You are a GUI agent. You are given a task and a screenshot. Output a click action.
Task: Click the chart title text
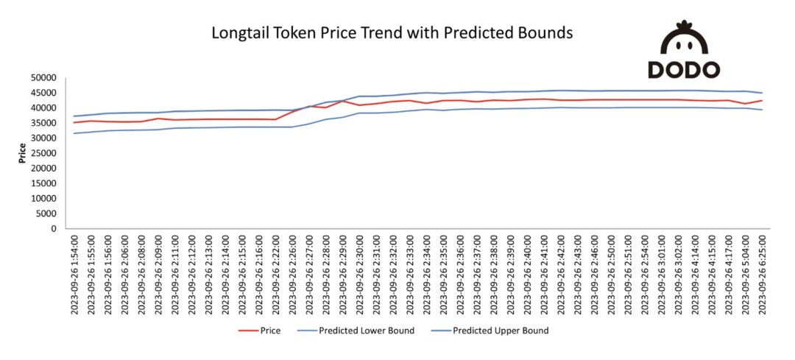pyautogui.click(x=392, y=34)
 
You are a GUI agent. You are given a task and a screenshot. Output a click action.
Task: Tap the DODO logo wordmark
pyautogui.click(x=683, y=70)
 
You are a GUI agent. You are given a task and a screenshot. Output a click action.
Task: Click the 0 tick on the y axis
pyautogui.click(x=53, y=229)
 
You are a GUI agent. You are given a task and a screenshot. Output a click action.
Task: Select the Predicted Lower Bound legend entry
pyautogui.click(x=366, y=331)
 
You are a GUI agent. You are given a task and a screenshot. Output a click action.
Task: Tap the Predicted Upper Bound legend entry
pyautogui.click(x=501, y=331)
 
